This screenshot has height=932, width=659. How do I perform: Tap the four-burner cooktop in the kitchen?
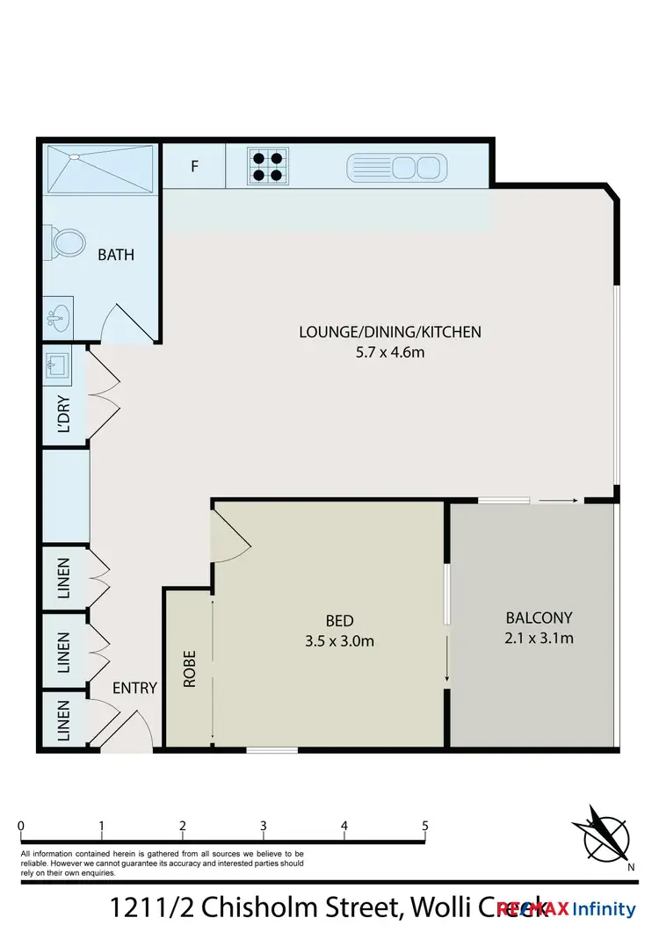pyautogui.click(x=267, y=166)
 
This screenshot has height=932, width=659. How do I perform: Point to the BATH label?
pyautogui.click(x=116, y=256)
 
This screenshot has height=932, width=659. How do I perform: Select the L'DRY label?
pyautogui.click(x=64, y=412)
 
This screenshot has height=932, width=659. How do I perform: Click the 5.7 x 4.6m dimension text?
pyautogui.click(x=390, y=352)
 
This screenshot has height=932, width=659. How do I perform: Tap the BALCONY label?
pyautogui.click(x=539, y=618)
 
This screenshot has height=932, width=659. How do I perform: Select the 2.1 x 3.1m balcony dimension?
pyautogui.click(x=539, y=639)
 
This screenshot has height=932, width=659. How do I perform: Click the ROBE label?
pyautogui.click(x=190, y=668)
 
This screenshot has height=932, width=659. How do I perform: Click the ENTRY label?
pyautogui.click(x=134, y=688)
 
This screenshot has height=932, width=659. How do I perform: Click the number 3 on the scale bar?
pyautogui.click(x=264, y=826)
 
